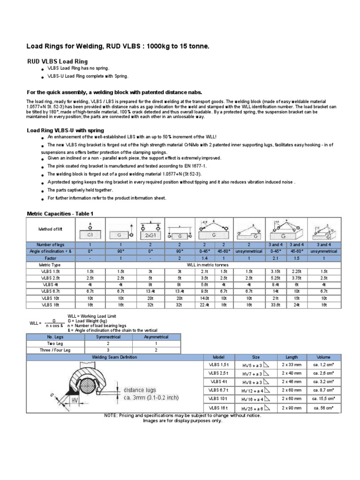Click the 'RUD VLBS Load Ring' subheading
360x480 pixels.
click(57, 61)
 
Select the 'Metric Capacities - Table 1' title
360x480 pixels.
click(60, 214)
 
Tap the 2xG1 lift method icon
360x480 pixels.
click(150, 230)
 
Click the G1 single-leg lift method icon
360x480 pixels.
click(90, 230)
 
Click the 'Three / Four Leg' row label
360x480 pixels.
click(52, 350)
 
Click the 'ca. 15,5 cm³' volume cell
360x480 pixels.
click(324, 398)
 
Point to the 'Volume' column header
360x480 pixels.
click(324, 357)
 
